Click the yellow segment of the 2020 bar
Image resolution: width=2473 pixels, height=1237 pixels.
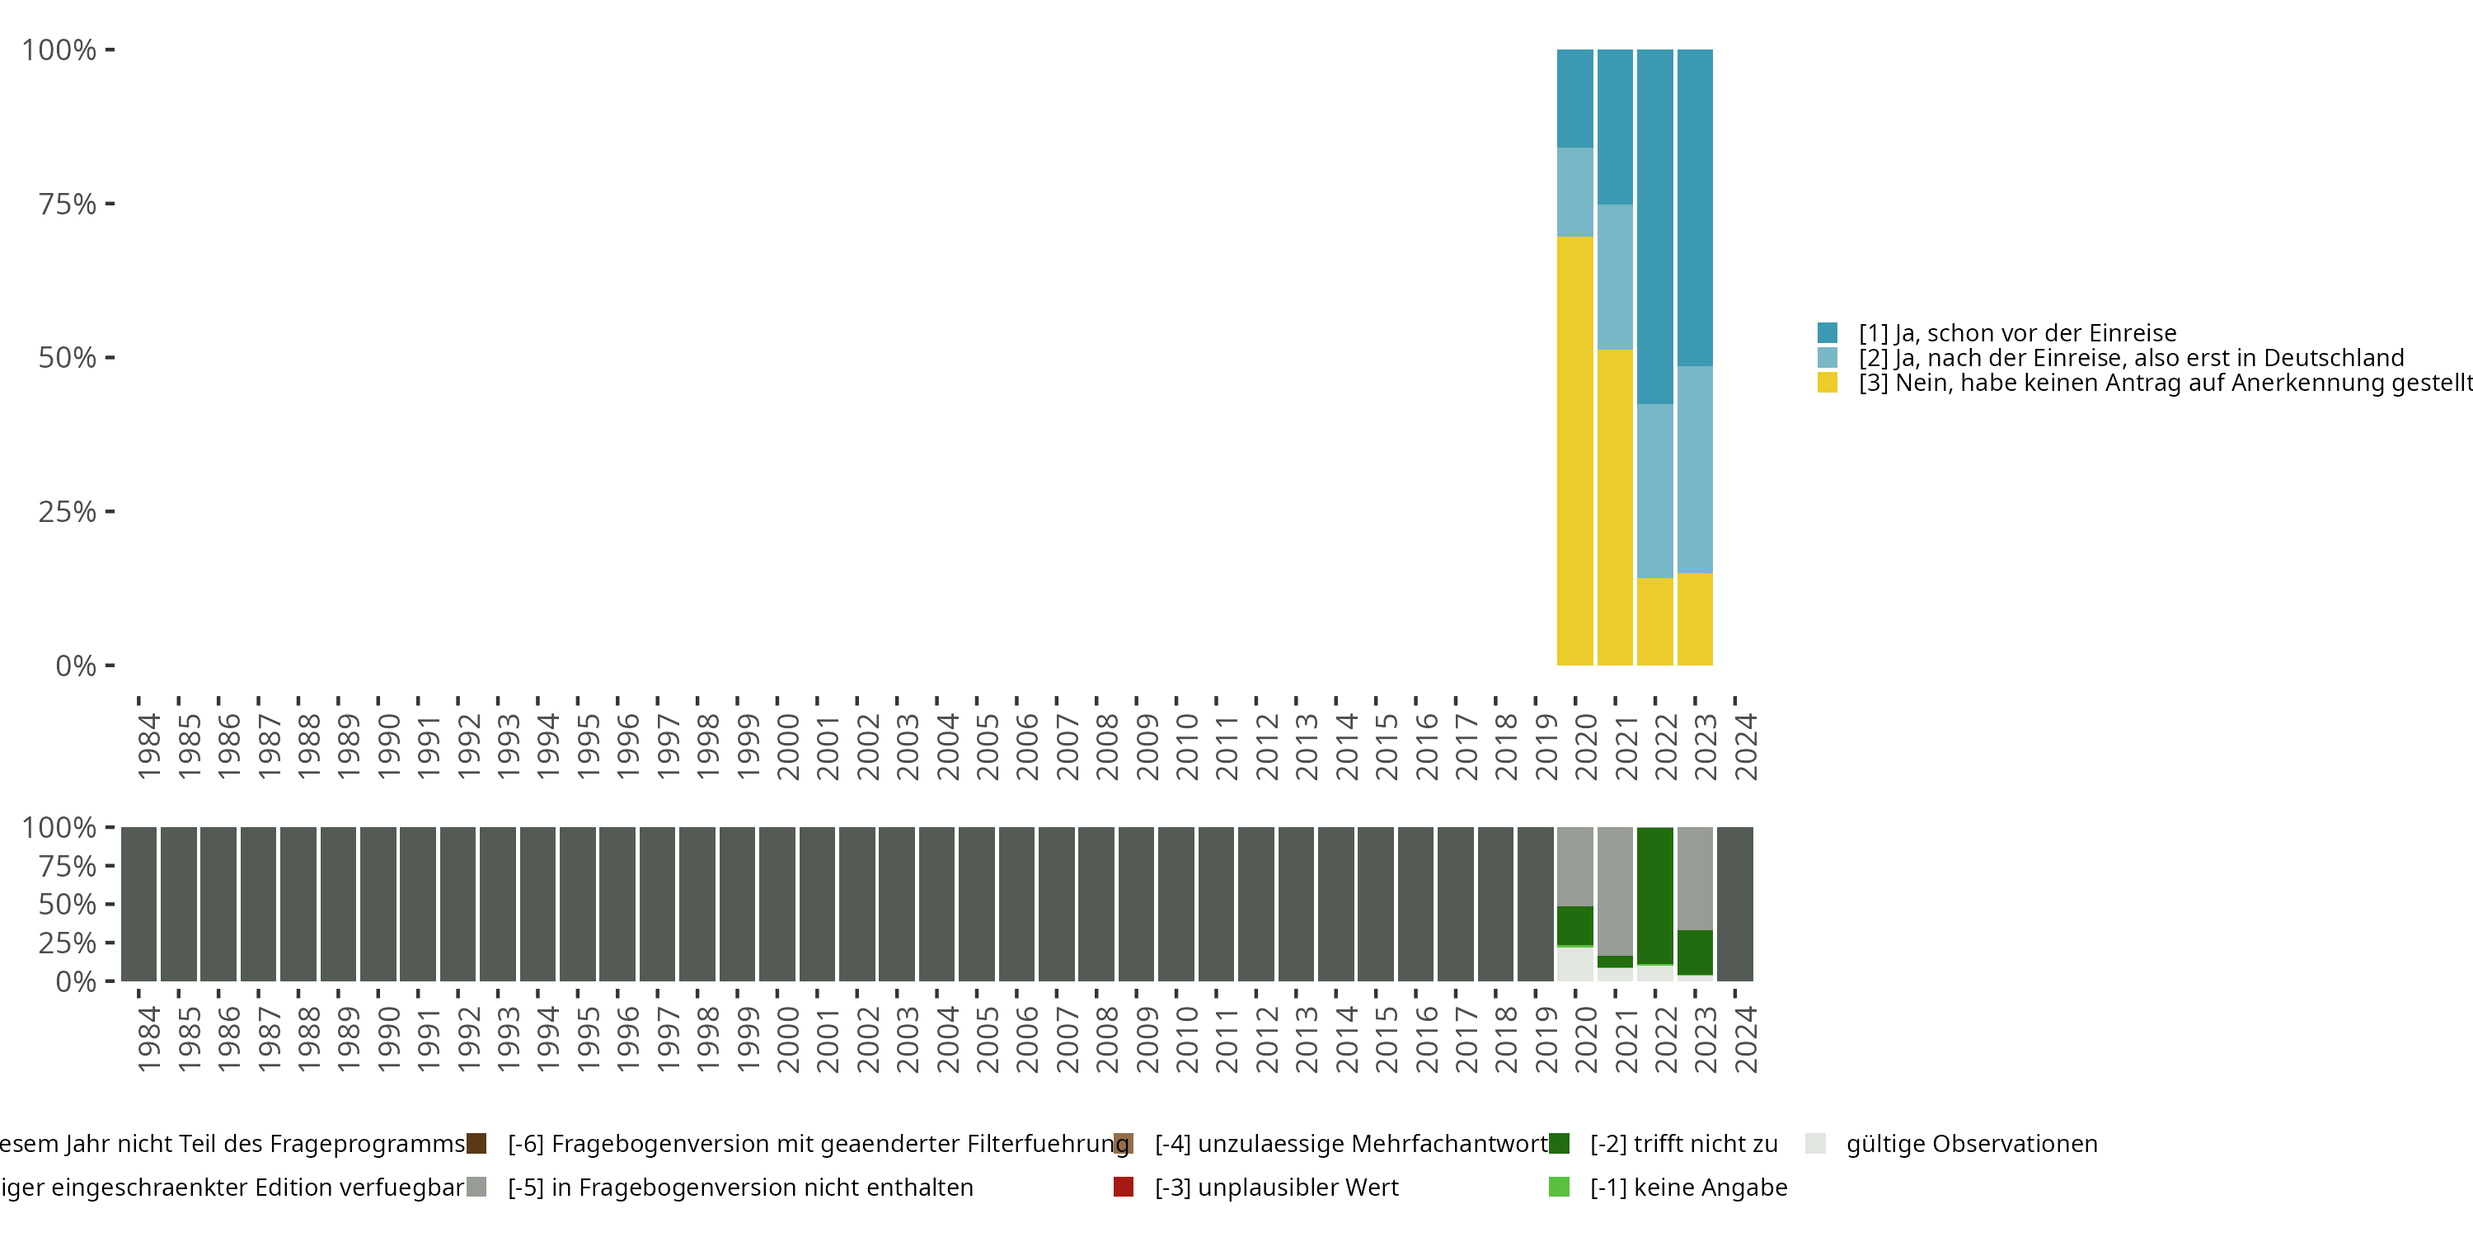1574,450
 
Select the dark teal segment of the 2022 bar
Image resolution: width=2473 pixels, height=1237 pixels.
1655,227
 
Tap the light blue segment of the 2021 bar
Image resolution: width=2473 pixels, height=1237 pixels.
1615,276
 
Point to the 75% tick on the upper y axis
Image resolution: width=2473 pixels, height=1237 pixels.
110,204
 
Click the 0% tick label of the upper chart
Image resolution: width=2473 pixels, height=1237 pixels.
76,666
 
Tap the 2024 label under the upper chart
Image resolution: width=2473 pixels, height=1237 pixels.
1745,746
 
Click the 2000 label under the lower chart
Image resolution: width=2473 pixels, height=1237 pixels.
787,1039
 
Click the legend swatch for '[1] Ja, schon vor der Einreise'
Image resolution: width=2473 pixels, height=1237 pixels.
1827,333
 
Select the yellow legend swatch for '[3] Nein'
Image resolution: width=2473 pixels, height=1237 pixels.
1827,383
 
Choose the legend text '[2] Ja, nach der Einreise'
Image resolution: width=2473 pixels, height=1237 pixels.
2131,358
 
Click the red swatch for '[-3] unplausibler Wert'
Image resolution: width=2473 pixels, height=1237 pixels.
1124,1187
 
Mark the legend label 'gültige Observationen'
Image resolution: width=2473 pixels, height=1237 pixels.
1972,1144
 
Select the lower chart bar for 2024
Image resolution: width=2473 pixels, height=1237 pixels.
1734,904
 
